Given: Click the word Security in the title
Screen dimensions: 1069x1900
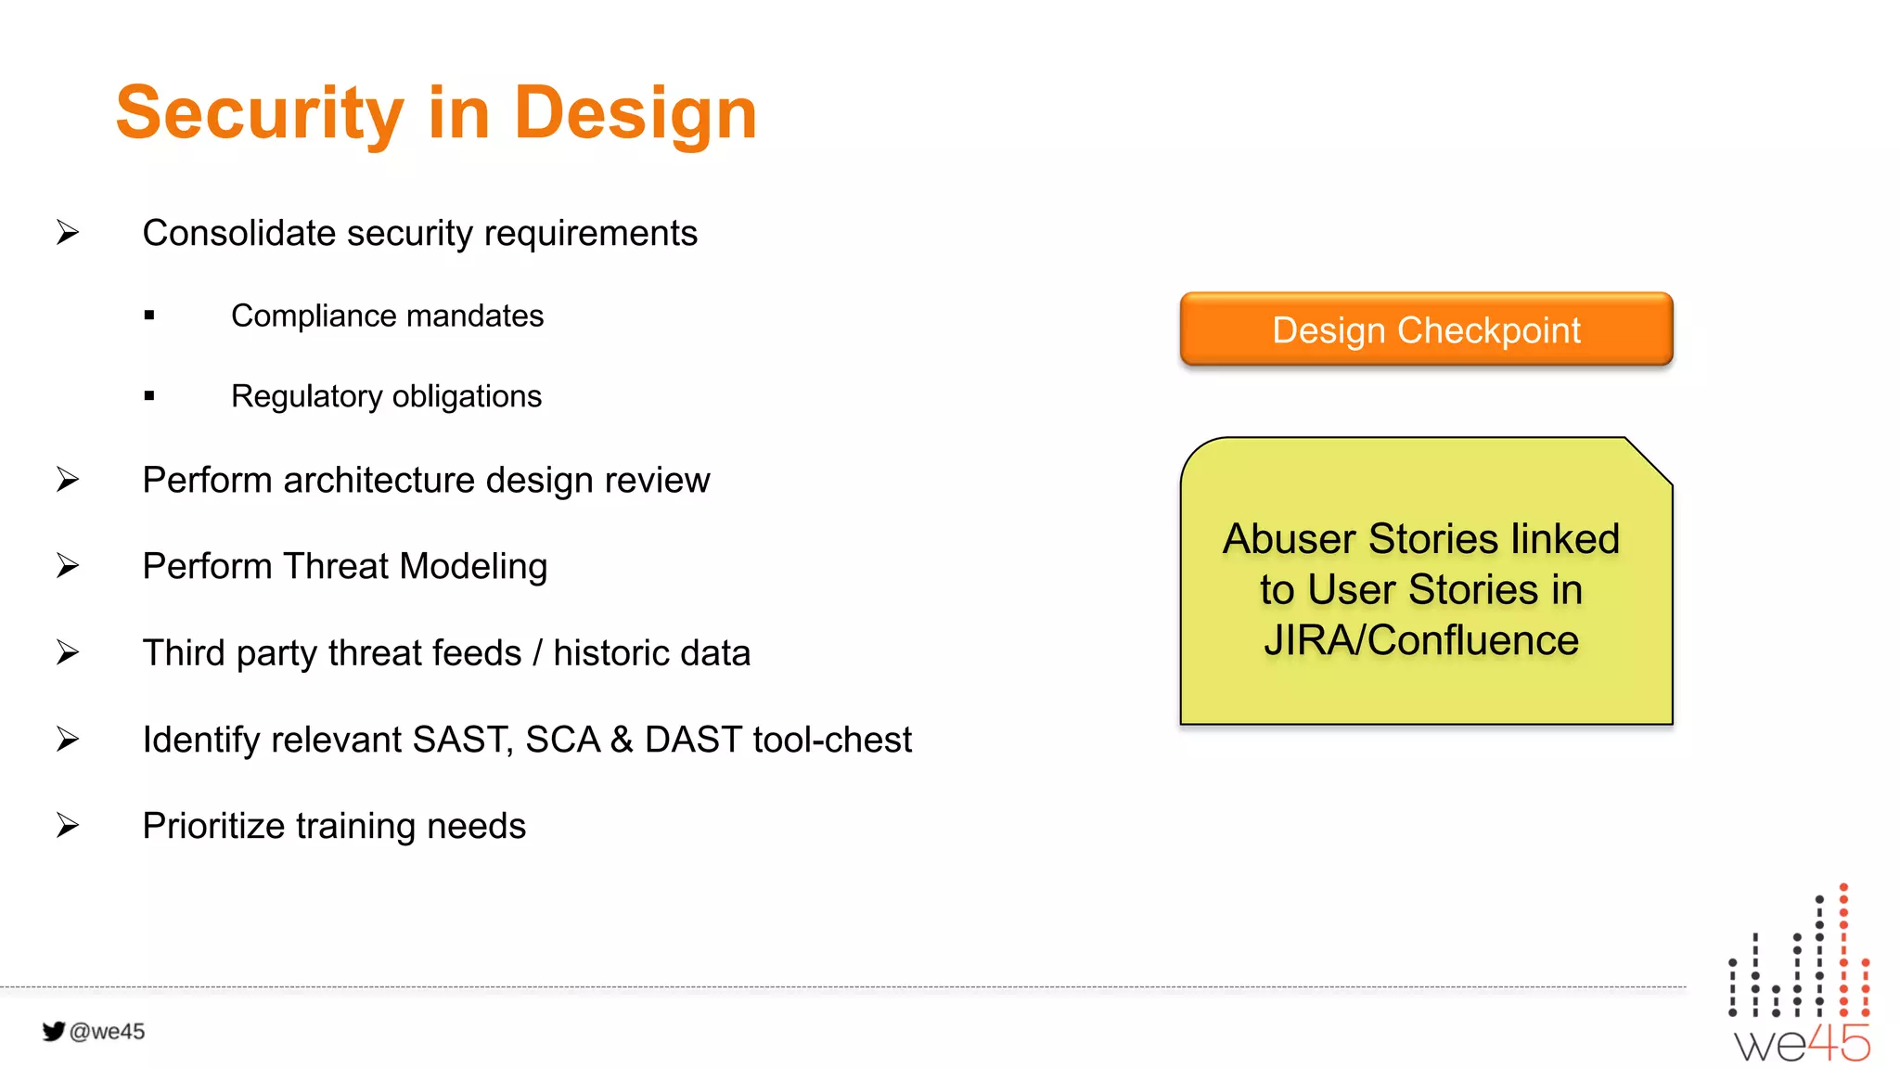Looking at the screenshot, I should click(260, 113).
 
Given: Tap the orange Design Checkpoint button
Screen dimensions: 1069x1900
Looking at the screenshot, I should click(1426, 330).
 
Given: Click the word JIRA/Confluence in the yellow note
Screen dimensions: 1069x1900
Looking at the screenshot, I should click(1420, 640).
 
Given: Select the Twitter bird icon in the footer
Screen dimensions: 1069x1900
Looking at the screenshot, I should click(54, 1031).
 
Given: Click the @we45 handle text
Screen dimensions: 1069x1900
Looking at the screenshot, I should click(108, 1031).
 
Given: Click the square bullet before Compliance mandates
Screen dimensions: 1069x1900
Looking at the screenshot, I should click(149, 316).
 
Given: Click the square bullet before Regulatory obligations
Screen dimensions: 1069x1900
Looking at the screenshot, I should click(149, 396).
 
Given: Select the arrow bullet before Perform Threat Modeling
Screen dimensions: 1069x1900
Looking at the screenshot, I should click(68, 565).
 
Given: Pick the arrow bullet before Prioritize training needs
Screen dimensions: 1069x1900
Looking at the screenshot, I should click(68, 825).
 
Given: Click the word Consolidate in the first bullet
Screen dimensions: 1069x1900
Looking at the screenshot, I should click(238, 233).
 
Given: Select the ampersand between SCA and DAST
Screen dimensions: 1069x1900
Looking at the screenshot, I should click(622, 740).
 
